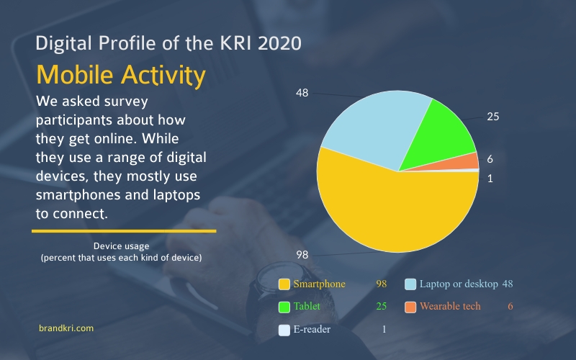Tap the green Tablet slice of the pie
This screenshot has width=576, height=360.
[x=439, y=136]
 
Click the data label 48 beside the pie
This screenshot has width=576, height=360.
[x=302, y=93]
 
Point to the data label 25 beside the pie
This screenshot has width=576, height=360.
[x=493, y=117]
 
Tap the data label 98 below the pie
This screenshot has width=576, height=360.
[x=302, y=255]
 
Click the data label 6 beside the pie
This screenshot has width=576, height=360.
[x=490, y=159]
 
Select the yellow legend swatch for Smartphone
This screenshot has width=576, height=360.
[x=284, y=284]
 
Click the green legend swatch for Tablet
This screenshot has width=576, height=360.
[x=284, y=307]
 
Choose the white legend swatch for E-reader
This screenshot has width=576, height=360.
[x=284, y=330]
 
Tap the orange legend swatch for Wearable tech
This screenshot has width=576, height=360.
[x=410, y=307]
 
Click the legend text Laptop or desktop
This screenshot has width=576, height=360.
[x=459, y=284]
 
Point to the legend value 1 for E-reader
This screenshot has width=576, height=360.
[x=384, y=329]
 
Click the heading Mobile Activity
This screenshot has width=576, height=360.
[x=121, y=76]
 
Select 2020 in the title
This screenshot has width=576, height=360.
[x=279, y=43]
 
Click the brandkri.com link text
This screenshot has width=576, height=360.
[x=66, y=328]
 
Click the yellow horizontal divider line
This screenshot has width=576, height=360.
[x=124, y=231]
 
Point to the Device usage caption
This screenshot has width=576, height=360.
[x=121, y=246]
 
